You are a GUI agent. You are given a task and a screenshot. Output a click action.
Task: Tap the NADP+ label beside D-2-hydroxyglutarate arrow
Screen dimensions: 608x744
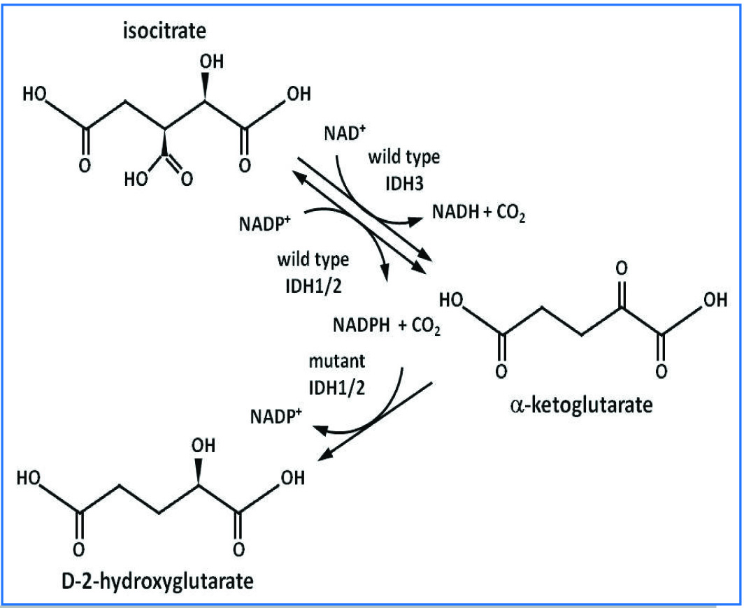point(276,417)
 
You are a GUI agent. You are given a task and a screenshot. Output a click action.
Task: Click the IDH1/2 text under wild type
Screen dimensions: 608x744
point(310,284)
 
